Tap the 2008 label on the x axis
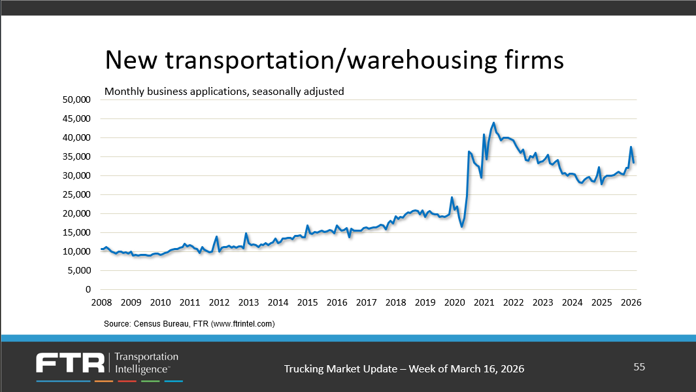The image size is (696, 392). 101,302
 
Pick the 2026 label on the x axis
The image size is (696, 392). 631,302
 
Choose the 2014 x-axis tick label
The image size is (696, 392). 278,302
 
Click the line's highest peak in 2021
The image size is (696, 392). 493,122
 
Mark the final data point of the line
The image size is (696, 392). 634,163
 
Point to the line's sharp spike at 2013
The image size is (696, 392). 246,233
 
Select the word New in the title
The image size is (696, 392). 131,60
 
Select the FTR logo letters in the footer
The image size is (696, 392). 71,364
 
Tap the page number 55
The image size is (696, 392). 639,367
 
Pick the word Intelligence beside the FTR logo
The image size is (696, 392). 142,369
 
